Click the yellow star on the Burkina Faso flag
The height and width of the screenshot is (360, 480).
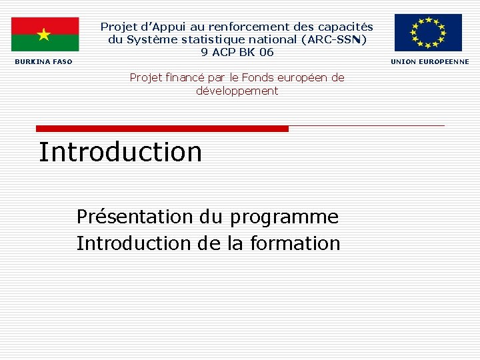click(44, 34)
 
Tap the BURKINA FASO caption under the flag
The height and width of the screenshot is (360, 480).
click(44, 62)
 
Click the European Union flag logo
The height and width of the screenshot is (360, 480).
click(428, 32)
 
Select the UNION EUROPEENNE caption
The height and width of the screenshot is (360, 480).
click(430, 62)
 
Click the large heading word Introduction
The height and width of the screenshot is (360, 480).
click(121, 152)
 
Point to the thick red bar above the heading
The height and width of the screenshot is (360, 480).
click(162, 128)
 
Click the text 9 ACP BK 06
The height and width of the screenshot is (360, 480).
click(237, 52)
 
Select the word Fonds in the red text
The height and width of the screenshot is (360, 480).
click(255, 77)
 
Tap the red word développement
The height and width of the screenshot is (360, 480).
click(237, 91)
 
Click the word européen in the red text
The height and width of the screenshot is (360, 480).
click(303, 77)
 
